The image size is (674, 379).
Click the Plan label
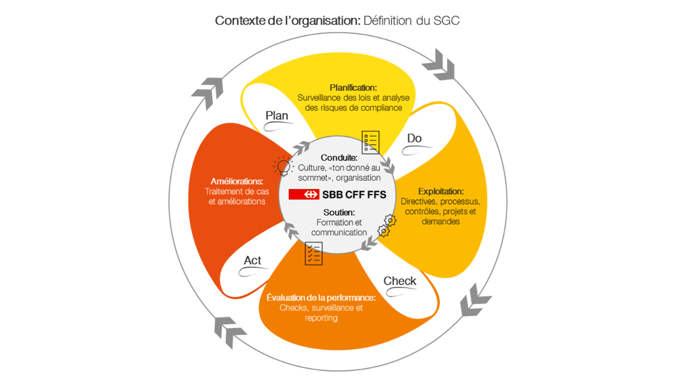pyautogui.click(x=276, y=116)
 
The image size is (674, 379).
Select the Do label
pyautogui.click(x=414, y=138)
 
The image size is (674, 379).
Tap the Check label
pyautogui.click(x=400, y=281)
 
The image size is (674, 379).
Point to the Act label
pyautogui.click(x=252, y=261)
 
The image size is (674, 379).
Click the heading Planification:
pyautogui.click(x=353, y=87)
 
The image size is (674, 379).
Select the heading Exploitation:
pyautogui.click(x=441, y=191)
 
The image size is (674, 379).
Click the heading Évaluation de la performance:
pyautogui.click(x=321, y=297)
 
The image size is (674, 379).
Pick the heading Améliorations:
pyautogui.click(x=237, y=182)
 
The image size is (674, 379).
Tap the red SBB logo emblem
pyautogui.click(x=304, y=194)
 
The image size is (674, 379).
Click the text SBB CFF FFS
pyautogui.click(x=354, y=195)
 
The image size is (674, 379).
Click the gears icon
pyautogui.click(x=386, y=225)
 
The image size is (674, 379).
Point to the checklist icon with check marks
pyautogui.click(x=314, y=253)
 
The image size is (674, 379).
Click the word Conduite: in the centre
pyautogui.click(x=339, y=158)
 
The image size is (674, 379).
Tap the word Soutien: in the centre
pyautogui.click(x=339, y=213)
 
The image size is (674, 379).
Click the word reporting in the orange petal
pyautogui.click(x=321, y=318)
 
